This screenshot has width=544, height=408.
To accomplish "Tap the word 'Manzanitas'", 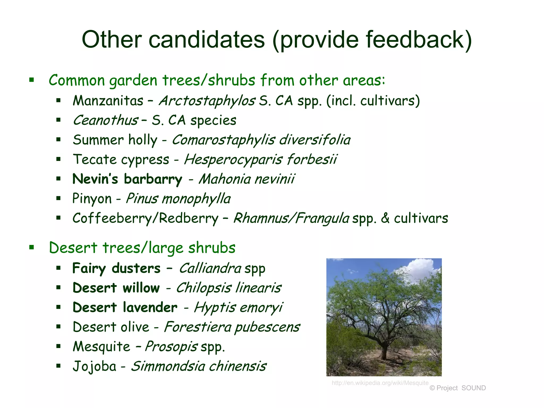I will point(108,101).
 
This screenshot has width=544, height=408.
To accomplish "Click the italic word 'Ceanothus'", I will point(105,120).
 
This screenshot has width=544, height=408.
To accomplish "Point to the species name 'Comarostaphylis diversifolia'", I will point(261,140).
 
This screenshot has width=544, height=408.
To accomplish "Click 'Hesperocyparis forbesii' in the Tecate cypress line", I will point(260,160).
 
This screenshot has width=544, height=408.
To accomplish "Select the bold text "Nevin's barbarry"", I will point(127,179).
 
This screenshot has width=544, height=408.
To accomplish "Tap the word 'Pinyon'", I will point(92,199).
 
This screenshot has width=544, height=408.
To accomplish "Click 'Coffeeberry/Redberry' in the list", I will point(145,218).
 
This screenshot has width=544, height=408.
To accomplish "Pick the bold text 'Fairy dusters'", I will point(116,268).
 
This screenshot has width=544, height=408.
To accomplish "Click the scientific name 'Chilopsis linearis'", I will point(228,288).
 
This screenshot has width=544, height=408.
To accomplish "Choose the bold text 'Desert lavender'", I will point(125,308).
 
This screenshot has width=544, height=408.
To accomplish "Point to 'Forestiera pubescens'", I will point(232,327).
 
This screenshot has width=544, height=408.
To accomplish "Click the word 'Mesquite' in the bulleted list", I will point(101,347).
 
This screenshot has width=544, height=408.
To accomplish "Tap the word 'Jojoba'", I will point(95,366).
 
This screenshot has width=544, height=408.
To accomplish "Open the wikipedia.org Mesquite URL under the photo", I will point(380,383).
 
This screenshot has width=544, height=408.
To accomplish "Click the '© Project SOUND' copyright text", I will point(457,388).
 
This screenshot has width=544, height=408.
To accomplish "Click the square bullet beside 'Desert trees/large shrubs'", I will point(32,248).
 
